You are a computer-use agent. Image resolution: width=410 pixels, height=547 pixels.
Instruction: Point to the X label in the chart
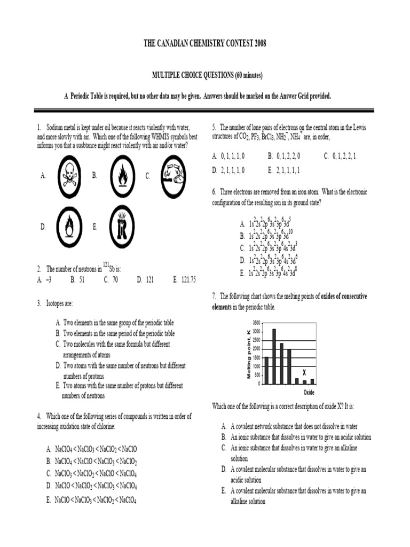click(x=304, y=372)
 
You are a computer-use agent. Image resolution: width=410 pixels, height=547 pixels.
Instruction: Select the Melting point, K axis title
click(x=248, y=355)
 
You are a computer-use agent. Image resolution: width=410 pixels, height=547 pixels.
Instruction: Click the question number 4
click(x=40, y=416)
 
